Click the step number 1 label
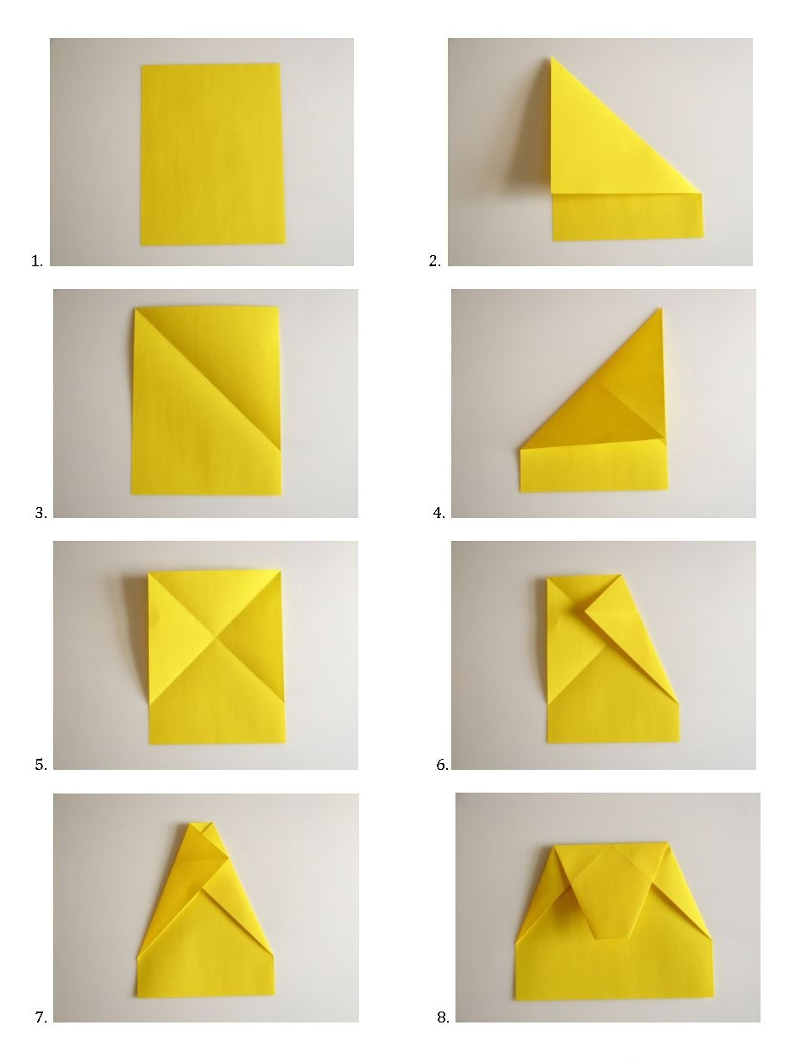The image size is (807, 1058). pos(36,261)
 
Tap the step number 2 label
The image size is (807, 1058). pos(434,261)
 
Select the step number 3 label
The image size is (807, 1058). pos(41,513)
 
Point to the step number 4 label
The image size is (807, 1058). pos(439,513)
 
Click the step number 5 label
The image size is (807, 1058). pos(41,765)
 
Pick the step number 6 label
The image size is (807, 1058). pos(442,765)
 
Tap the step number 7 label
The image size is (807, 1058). pos(41,1017)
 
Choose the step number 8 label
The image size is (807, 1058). pos(443,1017)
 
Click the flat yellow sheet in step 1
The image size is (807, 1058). pos(212,155)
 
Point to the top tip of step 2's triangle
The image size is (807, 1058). pos(552,57)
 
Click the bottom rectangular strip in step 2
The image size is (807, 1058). pos(627,217)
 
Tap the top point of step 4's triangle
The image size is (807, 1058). pos(661,308)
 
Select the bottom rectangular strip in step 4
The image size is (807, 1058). pos(593,466)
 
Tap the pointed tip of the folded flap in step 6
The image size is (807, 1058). pos(585,613)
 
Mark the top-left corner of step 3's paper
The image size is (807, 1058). pos(135,308)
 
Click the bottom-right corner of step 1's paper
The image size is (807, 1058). pos(286,243)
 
